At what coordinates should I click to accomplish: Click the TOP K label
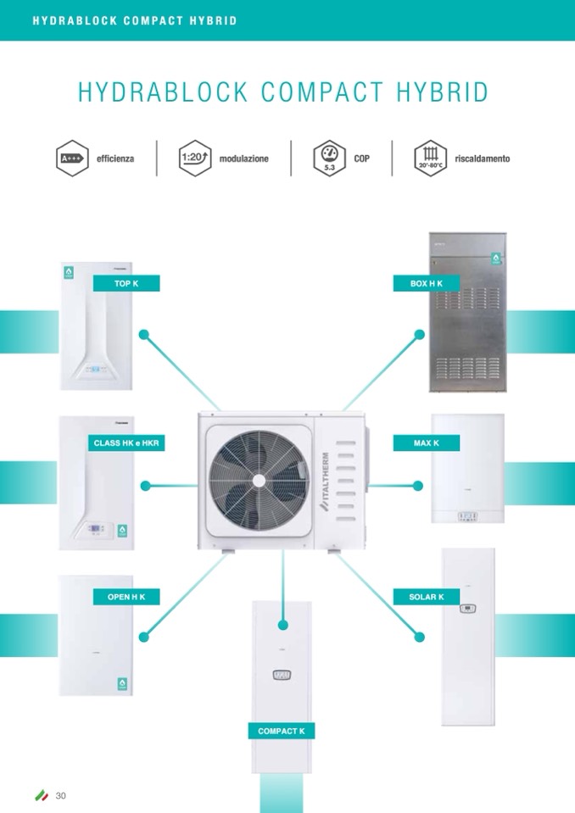(x=126, y=283)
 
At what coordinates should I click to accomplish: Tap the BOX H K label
(x=427, y=283)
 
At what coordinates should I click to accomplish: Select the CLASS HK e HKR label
(x=126, y=443)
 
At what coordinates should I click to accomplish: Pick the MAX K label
(x=427, y=443)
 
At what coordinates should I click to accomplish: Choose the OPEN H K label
(x=126, y=597)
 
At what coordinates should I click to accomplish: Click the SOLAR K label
(x=427, y=597)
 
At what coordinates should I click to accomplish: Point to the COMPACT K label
(x=282, y=731)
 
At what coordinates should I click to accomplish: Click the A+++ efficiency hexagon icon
(x=72, y=159)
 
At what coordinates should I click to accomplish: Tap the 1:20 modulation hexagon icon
(x=196, y=159)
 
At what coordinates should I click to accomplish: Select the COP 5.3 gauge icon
(x=330, y=159)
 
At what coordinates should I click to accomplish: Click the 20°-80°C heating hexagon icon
(x=431, y=159)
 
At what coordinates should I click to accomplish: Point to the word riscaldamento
(x=482, y=159)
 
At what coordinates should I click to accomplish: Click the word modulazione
(x=243, y=159)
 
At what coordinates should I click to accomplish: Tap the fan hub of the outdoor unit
(x=257, y=478)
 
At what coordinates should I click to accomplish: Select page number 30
(x=60, y=795)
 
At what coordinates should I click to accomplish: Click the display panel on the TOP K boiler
(x=98, y=370)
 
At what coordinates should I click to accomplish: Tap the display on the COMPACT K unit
(x=282, y=676)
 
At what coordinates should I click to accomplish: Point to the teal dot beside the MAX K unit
(x=417, y=485)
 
